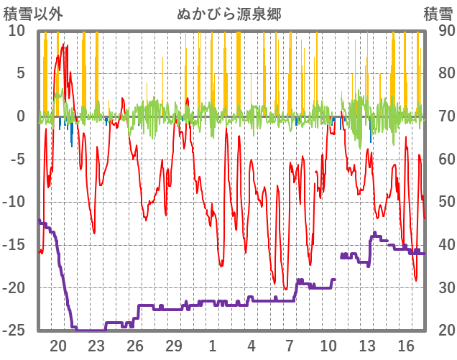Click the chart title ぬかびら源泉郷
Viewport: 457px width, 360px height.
(228, 14)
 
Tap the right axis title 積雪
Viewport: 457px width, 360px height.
(438, 14)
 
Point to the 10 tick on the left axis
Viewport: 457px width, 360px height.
(17, 30)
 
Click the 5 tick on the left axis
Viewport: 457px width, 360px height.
(20, 73)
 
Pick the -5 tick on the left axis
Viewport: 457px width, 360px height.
(17, 159)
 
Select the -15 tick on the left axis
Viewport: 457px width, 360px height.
(14, 245)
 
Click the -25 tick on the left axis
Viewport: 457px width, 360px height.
(14, 331)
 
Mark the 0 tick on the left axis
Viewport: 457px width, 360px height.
(20, 116)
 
